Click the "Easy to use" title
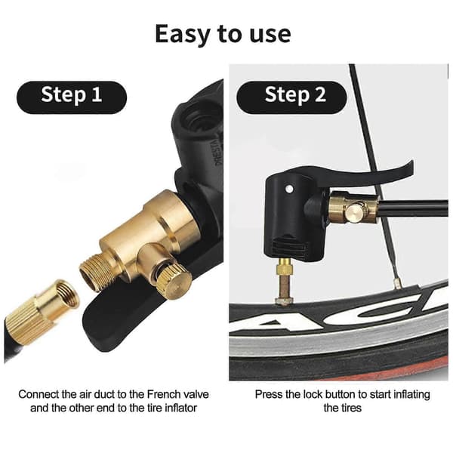coord(223,34)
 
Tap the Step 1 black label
coord(72,97)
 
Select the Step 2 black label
coord(291,97)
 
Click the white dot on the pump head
coord(288,190)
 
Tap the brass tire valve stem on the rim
coord(285,282)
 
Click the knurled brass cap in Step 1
coord(174,282)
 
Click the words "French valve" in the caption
coord(178,394)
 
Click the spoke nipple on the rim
coord(398,283)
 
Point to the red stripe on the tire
coord(405,366)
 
